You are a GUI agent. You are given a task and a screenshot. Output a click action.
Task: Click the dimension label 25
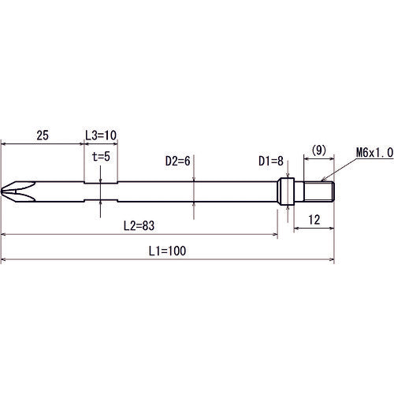pyautogui.click(x=43, y=136)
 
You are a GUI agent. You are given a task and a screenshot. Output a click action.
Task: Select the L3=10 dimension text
pyautogui.click(x=100, y=136)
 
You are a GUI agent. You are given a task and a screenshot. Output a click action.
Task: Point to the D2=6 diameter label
pyautogui.click(x=178, y=161)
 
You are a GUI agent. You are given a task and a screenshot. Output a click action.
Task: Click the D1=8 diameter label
pyautogui.click(x=272, y=161)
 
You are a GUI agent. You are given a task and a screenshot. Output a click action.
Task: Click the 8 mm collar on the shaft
pyautogui.click(x=287, y=191)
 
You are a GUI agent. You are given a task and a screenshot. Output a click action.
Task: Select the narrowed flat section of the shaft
pyautogui.click(x=101, y=191)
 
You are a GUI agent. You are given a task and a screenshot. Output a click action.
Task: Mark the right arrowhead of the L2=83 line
pyautogui.click(x=276, y=235)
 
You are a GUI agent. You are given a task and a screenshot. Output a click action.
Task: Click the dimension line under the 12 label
pyautogui.click(x=315, y=230)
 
